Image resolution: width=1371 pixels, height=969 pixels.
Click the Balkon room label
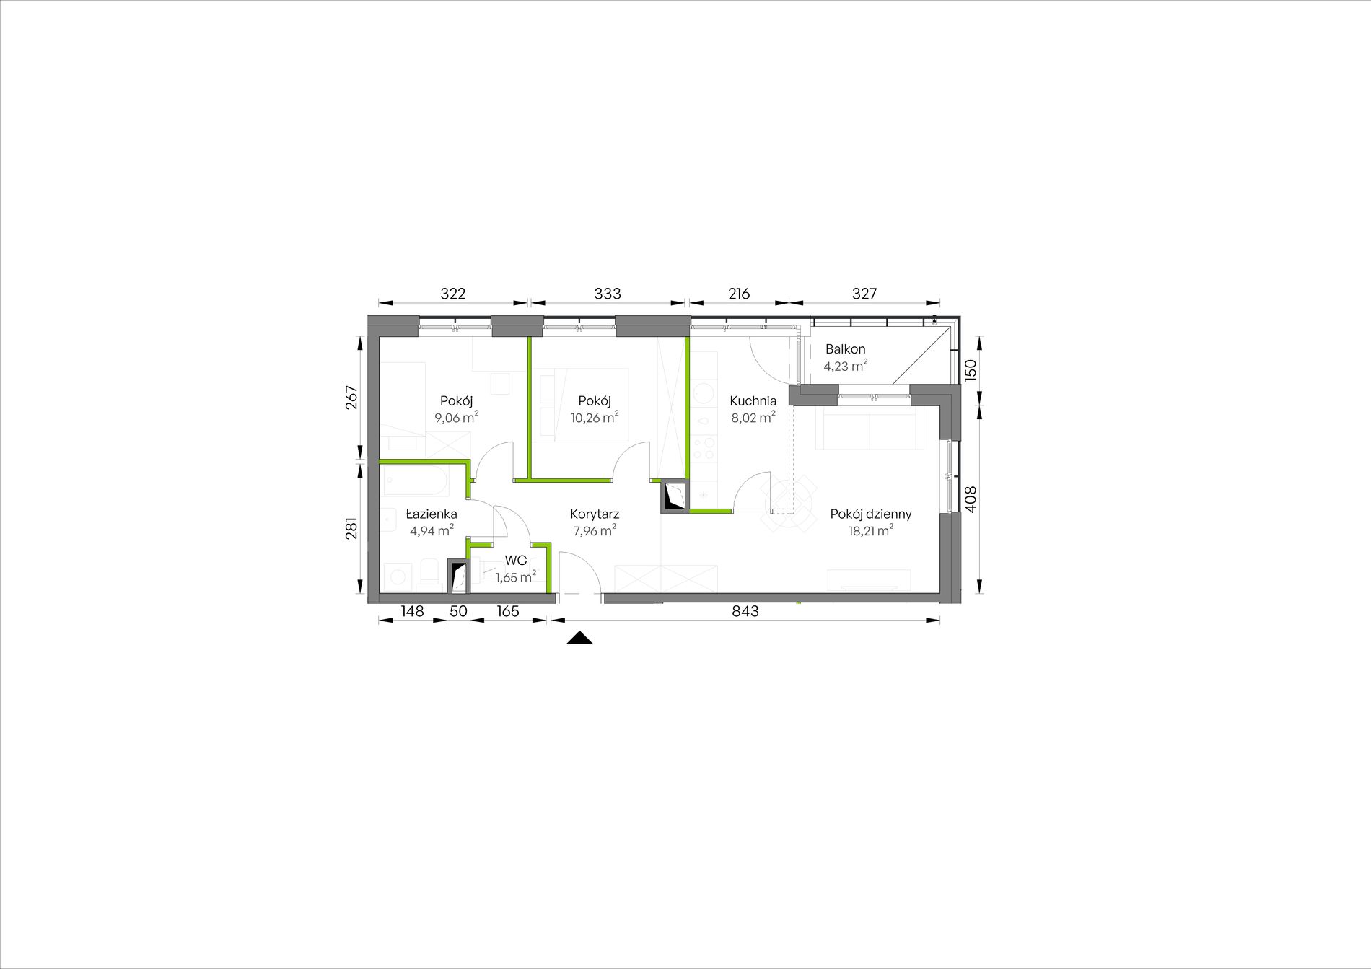pos(845,349)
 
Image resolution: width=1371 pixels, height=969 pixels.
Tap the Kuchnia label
pos(753,401)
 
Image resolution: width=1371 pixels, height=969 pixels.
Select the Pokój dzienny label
pos(871,514)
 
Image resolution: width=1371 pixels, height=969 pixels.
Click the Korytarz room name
pos(595,514)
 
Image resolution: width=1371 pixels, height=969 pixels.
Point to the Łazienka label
pos(431,514)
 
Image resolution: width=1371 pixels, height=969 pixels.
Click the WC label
pos(516,561)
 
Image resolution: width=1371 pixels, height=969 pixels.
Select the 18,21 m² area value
pos(871,531)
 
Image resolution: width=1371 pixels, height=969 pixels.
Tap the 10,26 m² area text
pos(595,418)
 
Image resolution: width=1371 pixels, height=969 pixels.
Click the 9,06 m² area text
pos(456,418)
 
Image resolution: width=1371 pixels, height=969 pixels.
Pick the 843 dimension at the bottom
pos(745,611)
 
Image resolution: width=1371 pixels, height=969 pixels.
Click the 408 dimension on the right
pos(971,499)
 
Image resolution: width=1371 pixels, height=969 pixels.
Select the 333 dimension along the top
pos(608,294)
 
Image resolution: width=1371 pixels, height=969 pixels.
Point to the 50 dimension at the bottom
pos(458,611)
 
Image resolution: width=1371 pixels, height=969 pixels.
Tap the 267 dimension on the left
pos(351,398)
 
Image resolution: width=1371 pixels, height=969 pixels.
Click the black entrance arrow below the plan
pos(579,638)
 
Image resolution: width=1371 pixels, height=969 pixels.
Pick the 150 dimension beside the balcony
pos(971,371)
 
